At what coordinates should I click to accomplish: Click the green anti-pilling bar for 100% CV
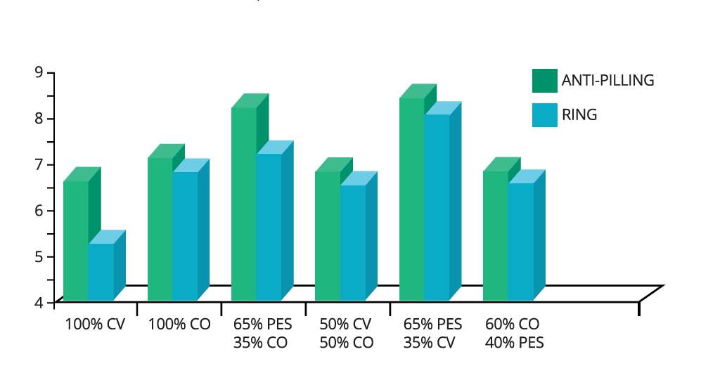(x=76, y=240)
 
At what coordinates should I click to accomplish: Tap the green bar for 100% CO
(x=160, y=229)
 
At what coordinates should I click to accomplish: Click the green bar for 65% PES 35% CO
(x=243, y=204)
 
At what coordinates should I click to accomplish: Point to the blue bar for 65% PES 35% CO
(x=269, y=227)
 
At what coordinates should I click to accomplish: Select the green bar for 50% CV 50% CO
(x=328, y=235)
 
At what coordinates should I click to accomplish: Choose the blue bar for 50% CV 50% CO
(x=353, y=242)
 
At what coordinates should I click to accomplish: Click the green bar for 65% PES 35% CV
(x=412, y=199)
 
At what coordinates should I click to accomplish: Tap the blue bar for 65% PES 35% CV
(x=437, y=207)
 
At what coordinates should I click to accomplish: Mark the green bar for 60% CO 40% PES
(x=496, y=235)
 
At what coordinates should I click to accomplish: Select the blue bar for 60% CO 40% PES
(x=520, y=241)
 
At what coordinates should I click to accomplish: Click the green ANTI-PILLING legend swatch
(x=544, y=81)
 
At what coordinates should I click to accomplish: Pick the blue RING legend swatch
(x=544, y=115)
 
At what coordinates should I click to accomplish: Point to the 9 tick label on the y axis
(x=39, y=72)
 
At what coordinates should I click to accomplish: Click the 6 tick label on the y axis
(x=39, y=211)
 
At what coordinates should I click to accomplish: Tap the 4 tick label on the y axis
(x=39, y=303)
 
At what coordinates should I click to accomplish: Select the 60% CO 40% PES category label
(x=514, y=334)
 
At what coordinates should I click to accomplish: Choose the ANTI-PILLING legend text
(x=607, y=81)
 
